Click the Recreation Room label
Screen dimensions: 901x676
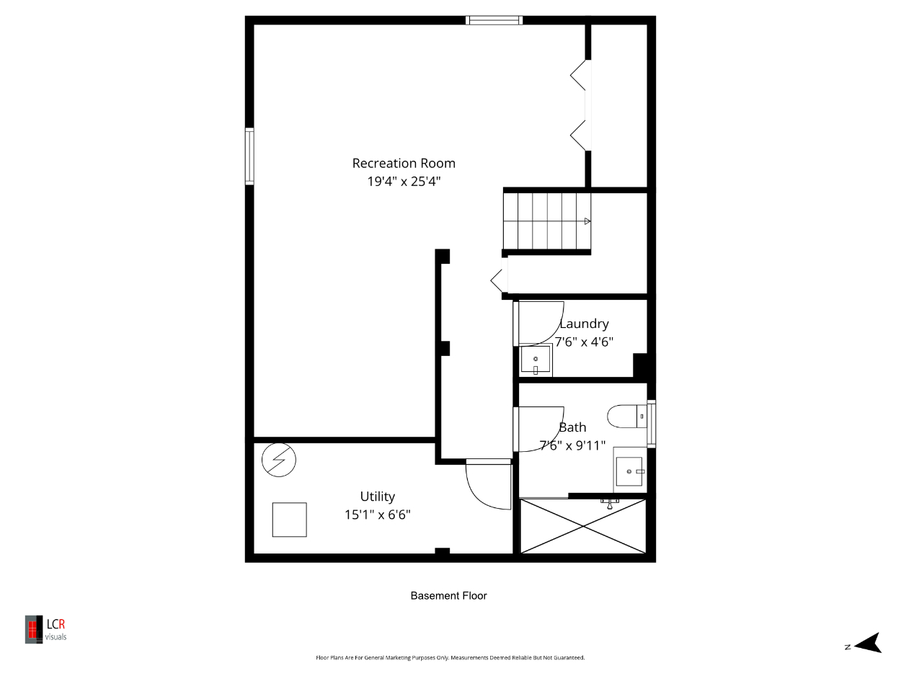(404, 164)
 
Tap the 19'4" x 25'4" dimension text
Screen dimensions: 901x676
(404, 181)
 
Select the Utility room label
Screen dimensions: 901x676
(377, 497)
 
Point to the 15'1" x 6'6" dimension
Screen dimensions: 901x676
(377, 515)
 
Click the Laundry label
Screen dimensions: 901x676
(584, 324)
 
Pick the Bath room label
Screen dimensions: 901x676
(572, 427)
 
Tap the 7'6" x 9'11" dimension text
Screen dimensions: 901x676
(572, 445)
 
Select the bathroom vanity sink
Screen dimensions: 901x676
(629, 471)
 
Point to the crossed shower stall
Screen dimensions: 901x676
(583, 526)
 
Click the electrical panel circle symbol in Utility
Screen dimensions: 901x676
(279, 460)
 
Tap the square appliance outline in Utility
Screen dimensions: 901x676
(289, 520)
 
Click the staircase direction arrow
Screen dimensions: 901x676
(587, 221)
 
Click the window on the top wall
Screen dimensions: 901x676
(494, 20)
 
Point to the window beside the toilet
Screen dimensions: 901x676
(651, 424)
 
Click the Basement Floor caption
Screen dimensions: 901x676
(448, 595)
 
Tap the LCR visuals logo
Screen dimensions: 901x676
(45, 629)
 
